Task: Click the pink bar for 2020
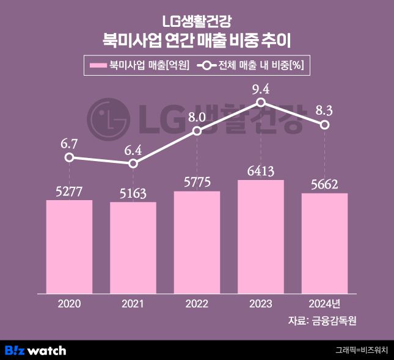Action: pyautogui.click(x=69, y=247)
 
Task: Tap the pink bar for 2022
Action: pyautogui.click(x=197, y=242)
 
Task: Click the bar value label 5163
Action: pyautogui.click(x=133, y=193)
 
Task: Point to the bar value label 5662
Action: pyautogui.click(x=325, y=184)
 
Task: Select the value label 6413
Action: pyautogui.click(x=261, y=171)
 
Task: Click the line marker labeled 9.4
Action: pyautogui.click(x=261, y=103)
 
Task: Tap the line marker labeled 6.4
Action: pyautogui.click(x=133, y=164)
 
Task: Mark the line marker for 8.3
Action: pyautogui.click(x=325, y=124)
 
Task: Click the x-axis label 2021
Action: pyautogui.click(x=133, y=303)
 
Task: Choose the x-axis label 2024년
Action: pyautogui.click(x=325, y=303)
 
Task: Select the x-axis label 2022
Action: pyautogui.click(x=197, y=303)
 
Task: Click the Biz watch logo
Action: pyautogui.click(x=35, y=350)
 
